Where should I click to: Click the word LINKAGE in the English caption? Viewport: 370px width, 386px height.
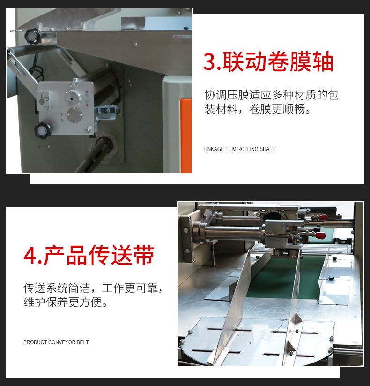pos(214,149)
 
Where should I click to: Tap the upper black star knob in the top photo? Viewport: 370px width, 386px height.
pos(32,34)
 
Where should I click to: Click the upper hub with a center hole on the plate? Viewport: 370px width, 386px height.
pos(72,97)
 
